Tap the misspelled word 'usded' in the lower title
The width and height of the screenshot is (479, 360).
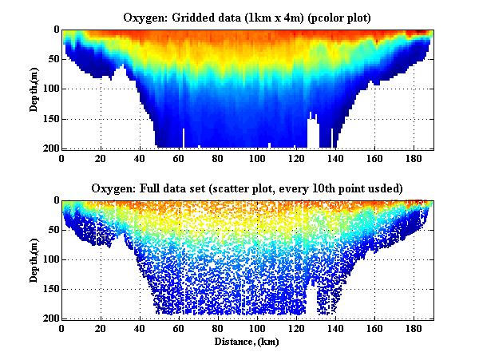tap(387, 188)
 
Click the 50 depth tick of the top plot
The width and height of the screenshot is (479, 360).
tap(50, 59)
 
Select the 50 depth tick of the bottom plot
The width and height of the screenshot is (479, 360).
tap(50, 230)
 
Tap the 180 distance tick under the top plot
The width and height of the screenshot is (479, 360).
tap(414, 158)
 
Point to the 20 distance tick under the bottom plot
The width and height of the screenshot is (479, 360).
tap(101, 329)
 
